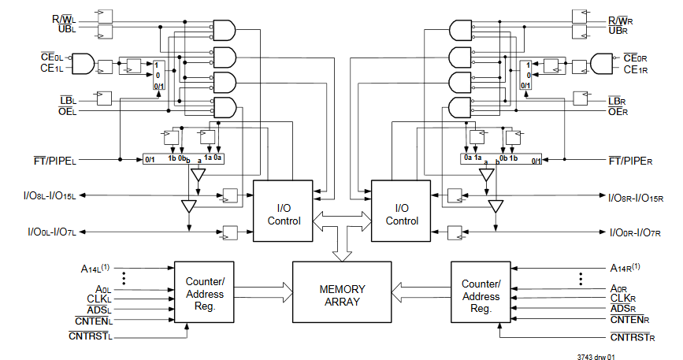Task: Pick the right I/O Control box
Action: coord(402,213)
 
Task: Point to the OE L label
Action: coord(68,112)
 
